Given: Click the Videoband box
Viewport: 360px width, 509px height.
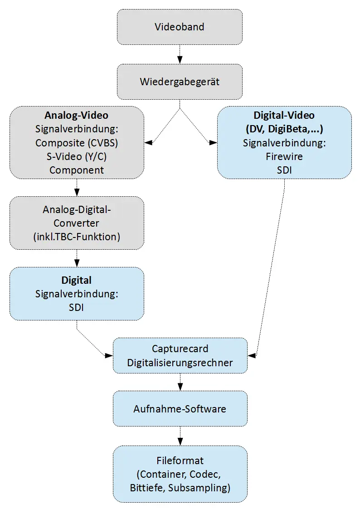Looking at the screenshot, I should [x=180, y=27].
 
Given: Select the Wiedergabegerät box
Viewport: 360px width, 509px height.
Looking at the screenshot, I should [x=180, y=82].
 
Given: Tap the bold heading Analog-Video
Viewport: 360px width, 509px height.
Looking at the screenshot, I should [x=76, y=115].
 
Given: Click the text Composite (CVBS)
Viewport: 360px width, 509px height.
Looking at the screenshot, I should [x=76, y=143].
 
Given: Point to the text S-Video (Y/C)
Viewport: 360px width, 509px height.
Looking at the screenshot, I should [x=76, y=156].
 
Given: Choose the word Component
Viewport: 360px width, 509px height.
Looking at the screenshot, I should [x=76, y=170].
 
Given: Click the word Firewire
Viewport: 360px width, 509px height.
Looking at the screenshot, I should [x=284, y=157].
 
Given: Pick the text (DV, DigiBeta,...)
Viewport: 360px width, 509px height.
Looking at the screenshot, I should [x=284, y=129].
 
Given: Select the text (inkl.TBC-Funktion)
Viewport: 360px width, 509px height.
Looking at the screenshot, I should [x=76, y=237].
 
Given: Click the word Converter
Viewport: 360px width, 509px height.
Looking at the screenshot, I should [x=76, y=223].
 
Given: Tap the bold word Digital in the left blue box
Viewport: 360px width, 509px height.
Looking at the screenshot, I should [x=76, y=280].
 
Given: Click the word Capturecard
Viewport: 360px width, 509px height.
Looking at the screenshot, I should [x=180, y=349].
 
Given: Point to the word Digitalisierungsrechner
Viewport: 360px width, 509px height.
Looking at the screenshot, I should [x=180, y=363].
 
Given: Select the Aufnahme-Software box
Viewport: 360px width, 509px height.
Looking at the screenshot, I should [x=180, y=408].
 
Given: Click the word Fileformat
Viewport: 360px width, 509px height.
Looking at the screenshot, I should [x=180, y=461].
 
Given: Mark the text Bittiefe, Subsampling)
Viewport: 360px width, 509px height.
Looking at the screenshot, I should [x=180, y=488].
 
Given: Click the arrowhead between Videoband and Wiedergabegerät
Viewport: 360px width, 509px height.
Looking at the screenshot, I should [x=180, y=60].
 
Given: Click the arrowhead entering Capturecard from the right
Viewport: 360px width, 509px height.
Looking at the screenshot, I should [x=252, y=356].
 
